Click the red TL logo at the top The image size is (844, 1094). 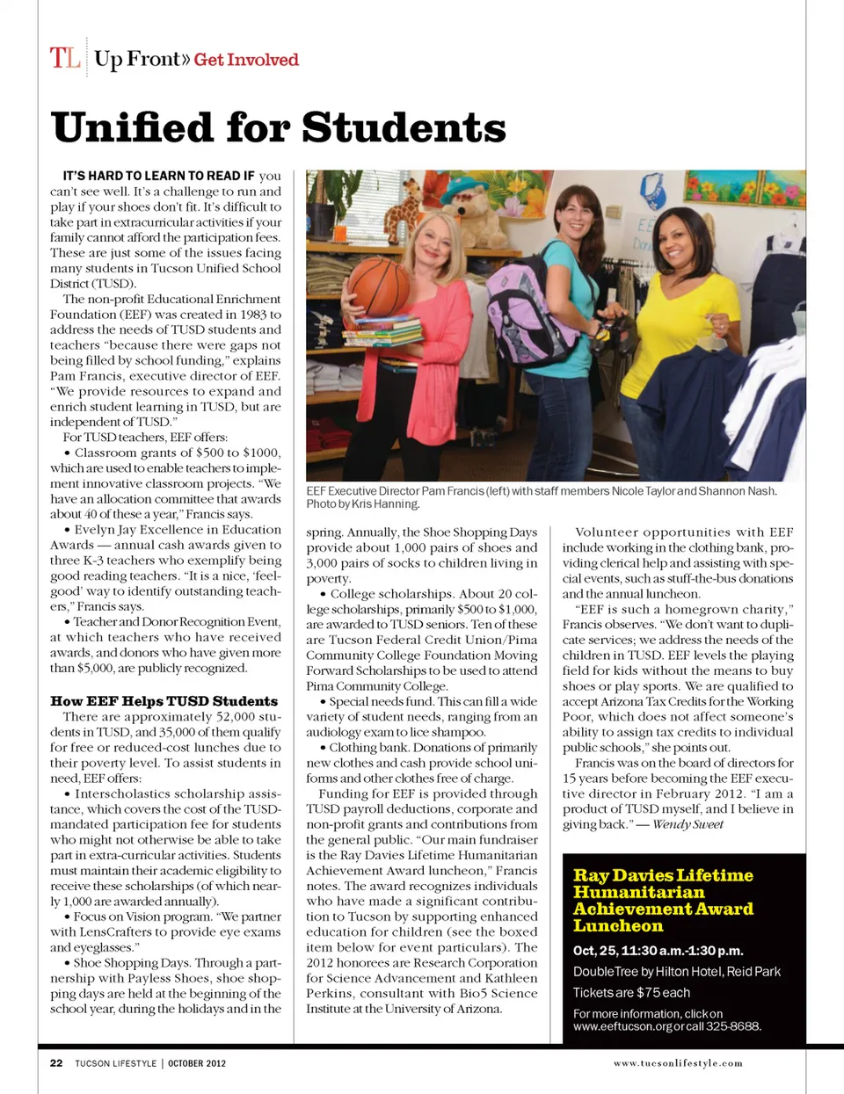click(x=65, y=58)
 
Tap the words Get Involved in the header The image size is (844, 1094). click(x=246, y=60)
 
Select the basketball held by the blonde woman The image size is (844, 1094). click(x=379, y=286)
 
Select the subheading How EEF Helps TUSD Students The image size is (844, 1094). click(x=164, y=701)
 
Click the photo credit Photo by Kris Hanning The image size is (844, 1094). click(x=362, y=504)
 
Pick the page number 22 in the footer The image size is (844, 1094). click(x=56, y=1063)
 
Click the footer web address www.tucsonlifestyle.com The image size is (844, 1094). click(x=678, y=1063)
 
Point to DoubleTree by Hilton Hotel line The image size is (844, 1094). click(x=676, y=972)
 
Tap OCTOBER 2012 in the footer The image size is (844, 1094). click(x=197, y=1063)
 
